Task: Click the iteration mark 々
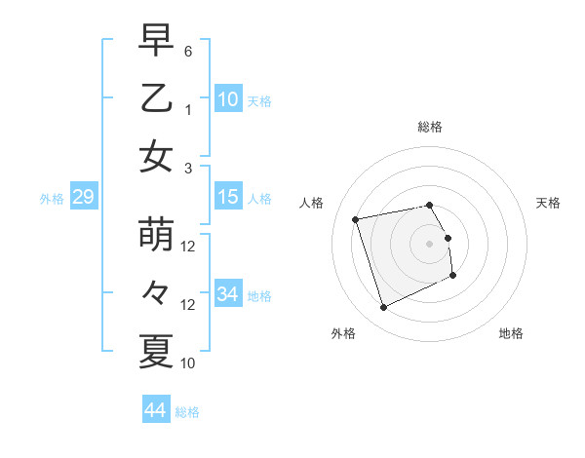(x=156, y=293)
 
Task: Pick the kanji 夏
(x=156, y=351)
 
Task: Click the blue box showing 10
(x=228, y=98)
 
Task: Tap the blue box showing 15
(x=228, y=197)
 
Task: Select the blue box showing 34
(x=228, y=293)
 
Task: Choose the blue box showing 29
(x=83, y=197)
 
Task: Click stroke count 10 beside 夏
(x=188, y=363)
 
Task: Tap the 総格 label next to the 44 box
(x=187, y=412)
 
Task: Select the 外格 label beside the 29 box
(x=52, y=199)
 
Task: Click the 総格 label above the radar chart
(x=430, y=127)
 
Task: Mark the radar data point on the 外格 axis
(x=383, y=308)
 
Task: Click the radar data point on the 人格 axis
(x=356, y=218)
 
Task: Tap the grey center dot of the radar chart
(x=430, y=243)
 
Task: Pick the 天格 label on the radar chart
(x=549, y=203)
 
